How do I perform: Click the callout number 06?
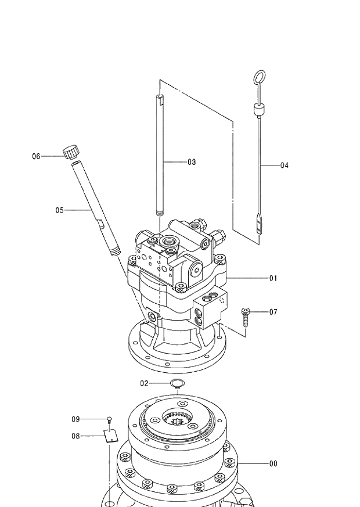(x=36, y=156)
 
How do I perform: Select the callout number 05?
(x=59, y=210)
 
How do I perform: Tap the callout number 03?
(x=191, y=162)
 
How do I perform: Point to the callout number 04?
(x=284, y=166)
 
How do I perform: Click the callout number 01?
(x=273, y=278)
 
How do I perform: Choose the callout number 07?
(x=273, y=312)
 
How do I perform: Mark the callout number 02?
(x=145, y=383)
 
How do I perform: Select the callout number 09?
(x=75, y=419)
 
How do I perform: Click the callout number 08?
(x=75, y=436)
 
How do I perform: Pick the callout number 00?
(x=273, y=463)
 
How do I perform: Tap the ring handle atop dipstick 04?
(x=260, y=77)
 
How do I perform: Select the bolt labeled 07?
(x=246, y=318)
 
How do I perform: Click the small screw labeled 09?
(x=109, y=419)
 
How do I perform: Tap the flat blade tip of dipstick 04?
(x=258, y=224)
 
